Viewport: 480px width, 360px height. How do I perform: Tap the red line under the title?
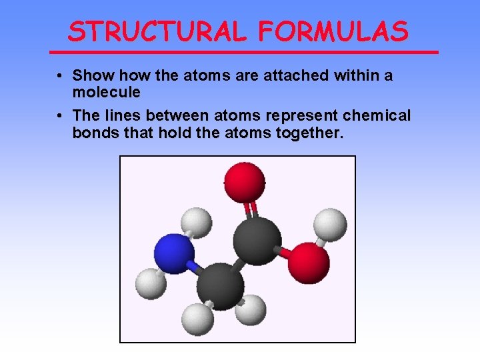coord(244,52)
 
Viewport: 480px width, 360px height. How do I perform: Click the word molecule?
coord(107,91)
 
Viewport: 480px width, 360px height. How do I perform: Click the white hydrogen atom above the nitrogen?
coord(197,223)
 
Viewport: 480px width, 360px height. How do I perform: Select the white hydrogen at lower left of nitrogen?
coord(151,284)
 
